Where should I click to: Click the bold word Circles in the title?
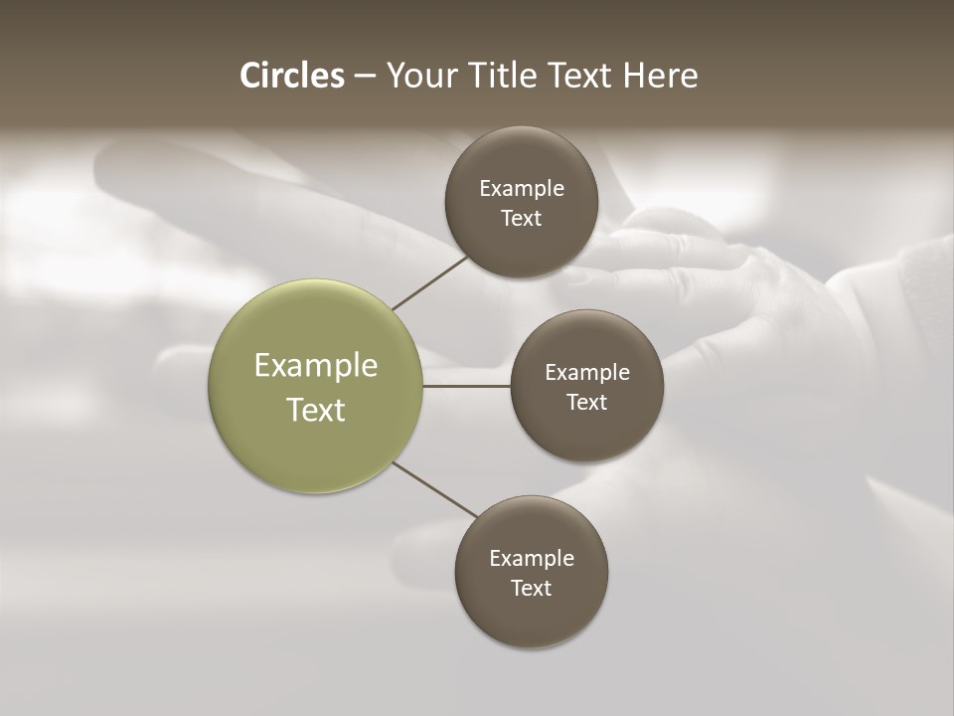click(292, 76)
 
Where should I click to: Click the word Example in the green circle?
click(316, 366)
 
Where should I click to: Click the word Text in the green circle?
click(316, 410)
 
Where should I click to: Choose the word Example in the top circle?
click(522, 188)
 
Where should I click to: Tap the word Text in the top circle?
click(522, 218)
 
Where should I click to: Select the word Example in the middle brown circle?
click(587, 372)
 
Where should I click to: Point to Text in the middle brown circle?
click(587, 402)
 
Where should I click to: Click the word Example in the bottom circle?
click(532, 558)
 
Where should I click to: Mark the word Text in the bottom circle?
click(532, 588)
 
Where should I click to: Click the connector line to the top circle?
click(429, 282)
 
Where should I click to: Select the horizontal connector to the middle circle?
click(467, 386)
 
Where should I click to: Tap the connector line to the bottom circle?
click(435, 489)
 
